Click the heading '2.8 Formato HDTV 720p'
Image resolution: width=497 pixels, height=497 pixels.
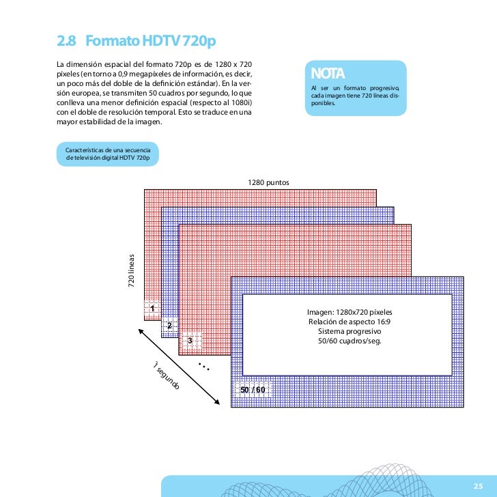coord(136,42)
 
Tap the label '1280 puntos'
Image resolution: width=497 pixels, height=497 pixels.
coord(269,183)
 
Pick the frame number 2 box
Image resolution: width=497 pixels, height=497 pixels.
coord(169,324)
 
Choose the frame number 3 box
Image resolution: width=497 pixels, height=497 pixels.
coord(190,339)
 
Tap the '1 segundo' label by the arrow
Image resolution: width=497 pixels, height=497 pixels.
coord(166,376)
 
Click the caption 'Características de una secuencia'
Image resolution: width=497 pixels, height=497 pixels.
coord(111,150)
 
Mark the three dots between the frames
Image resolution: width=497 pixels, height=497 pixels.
coord(203,368)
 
